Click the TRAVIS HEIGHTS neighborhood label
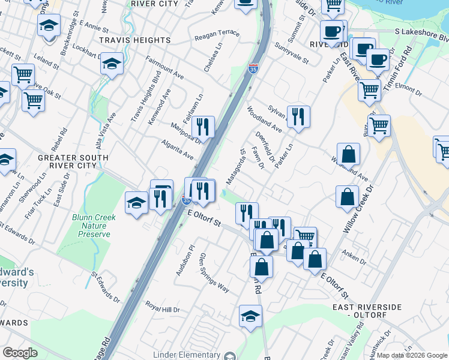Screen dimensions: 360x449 [x=135, y=40]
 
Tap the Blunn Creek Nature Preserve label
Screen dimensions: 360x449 [x=91, y=226]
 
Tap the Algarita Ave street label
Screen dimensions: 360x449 [x=177, y=150]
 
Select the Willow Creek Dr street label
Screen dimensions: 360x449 [x=358, y=209]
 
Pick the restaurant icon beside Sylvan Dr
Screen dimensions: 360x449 [x=298, y=116]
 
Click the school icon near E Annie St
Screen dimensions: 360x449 [x=49, y=26]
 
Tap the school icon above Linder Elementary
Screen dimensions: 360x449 [x=250, y=316]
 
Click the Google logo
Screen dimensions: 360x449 [x=20, y=352]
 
